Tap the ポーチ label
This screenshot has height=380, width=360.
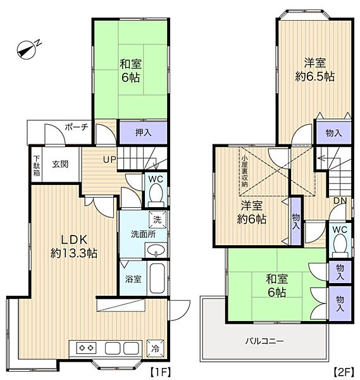tap(77, 127)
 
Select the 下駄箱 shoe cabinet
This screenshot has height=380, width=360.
tap(37, 165)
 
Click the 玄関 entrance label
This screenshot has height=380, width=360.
tap(60, 164)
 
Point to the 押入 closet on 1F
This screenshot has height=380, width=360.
tap(144, 132)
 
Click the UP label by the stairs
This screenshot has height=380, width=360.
tap(109, 160)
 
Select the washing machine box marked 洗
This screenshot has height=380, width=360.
tap(158, 220)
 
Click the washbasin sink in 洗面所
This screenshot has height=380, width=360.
tap(156, 250)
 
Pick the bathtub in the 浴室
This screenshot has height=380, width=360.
tap(158, 278)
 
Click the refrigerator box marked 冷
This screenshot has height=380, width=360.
tap(156, 348)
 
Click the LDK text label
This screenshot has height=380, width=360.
tap(74, 240)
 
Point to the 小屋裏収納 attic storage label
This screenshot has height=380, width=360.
tap(245, 171)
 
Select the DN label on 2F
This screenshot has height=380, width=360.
tap(340, 200)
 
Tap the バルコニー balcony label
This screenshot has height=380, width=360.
tap(264, 341)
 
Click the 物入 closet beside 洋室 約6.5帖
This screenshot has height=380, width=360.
tap(333, 133)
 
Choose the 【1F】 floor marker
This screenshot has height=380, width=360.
tap(161, 372)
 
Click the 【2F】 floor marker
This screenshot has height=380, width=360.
tap(344, 372)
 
